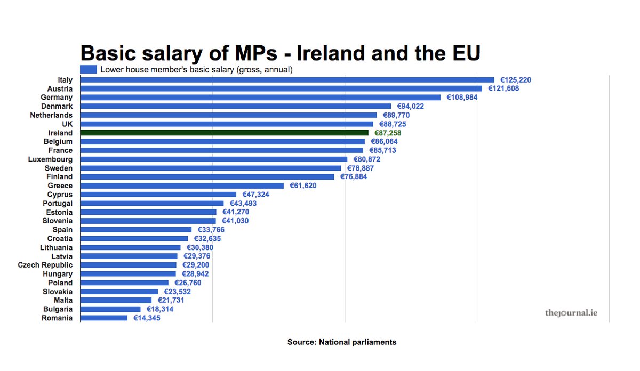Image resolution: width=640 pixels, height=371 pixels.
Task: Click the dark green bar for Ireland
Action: tap(224, 133)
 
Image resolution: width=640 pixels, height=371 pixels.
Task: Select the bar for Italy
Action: tap(287, 80)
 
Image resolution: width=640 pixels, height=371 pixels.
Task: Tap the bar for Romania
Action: tap(104, 318)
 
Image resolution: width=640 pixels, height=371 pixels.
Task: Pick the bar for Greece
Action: tap(182, 185)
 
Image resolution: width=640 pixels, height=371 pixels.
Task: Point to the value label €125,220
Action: tap(515, 80)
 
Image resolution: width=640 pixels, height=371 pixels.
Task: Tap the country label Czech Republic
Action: tap(45, 265)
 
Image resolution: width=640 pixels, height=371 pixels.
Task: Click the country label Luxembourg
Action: tap(50, 159)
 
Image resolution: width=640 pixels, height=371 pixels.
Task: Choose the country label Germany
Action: tap(57, 98)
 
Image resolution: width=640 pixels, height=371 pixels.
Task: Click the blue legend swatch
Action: tap(88, 69)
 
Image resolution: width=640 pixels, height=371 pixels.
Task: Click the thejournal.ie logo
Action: tap(571, 312)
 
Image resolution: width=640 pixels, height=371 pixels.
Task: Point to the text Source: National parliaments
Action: tap(342, 342)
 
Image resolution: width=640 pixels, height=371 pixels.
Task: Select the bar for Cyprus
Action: tap(158, 195)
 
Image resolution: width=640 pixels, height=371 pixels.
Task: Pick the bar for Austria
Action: tap(281, 88)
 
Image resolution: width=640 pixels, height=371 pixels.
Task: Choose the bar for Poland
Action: tap(124, 283)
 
